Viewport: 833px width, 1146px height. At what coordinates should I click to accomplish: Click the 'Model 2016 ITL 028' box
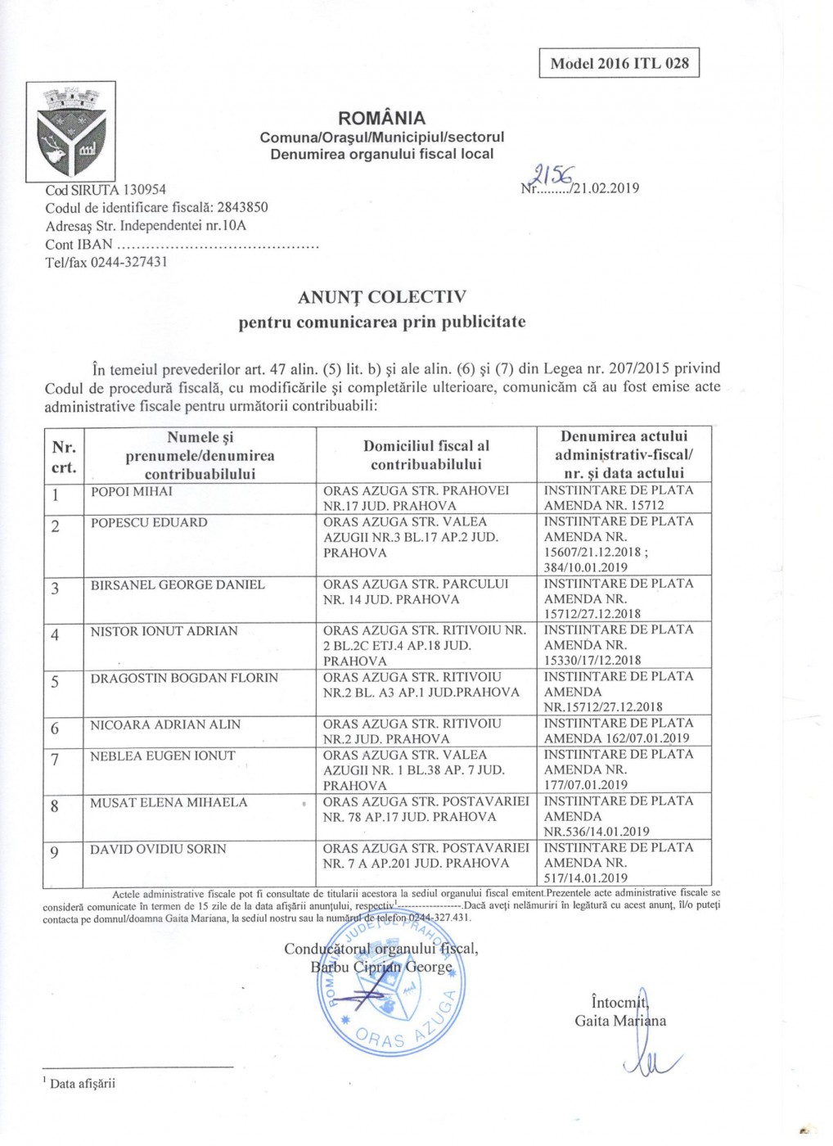pos(619,63)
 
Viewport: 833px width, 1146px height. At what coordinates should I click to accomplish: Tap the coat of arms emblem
pos(70,130)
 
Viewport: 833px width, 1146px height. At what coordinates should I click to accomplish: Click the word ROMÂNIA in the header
pos(381,118)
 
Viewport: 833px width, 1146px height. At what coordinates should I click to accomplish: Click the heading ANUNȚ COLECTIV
pos(382,296)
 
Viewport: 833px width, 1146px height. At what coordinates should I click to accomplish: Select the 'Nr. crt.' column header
pos(64,457)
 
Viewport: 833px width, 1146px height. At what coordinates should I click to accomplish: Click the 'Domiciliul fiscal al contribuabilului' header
pos(426,455)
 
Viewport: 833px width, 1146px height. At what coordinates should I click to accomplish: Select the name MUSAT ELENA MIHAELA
pos(169,802)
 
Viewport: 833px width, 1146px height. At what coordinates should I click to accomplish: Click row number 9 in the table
pos(55,852)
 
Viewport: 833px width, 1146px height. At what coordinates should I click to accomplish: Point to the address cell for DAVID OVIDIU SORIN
pos(426,855)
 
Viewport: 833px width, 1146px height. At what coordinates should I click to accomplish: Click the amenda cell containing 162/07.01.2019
pos(617,730)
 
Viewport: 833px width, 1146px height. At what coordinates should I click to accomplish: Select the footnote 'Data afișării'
pos(82,1083)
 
